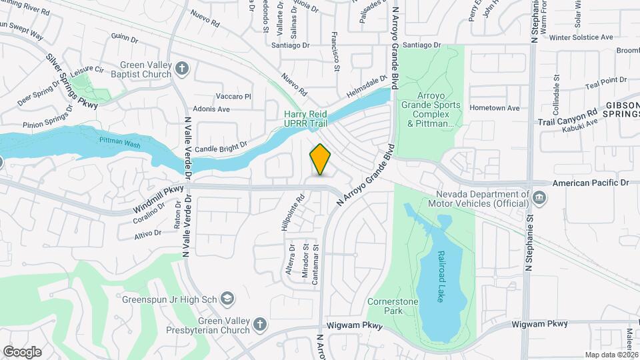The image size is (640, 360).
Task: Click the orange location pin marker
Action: pos(320,159)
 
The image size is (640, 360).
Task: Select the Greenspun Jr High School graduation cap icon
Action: pos(227,298)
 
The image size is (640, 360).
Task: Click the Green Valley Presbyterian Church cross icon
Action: pos(259,325)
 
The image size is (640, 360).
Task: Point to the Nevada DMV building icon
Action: pos(540,198)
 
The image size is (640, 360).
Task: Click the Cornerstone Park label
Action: pos(393,306)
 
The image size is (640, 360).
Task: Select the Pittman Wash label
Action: pos(119,142)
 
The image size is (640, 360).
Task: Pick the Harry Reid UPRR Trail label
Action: pos(306,119)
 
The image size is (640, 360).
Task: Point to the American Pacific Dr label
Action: pos(591,183)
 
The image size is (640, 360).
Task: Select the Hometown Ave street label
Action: pos(494,108)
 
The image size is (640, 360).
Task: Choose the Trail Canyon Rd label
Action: pos(567,118)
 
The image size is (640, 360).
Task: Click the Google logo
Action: pos(22,351)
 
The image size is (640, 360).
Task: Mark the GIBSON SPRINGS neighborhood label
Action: pos(622,110)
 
